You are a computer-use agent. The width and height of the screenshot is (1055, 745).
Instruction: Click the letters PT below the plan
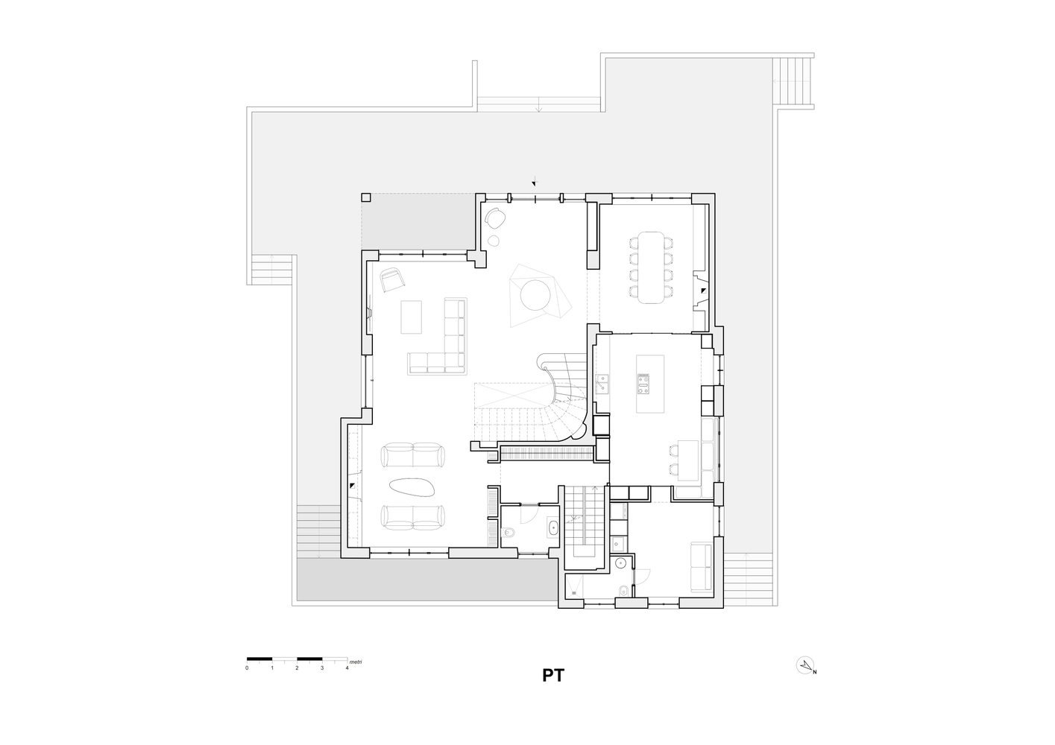(553, 676)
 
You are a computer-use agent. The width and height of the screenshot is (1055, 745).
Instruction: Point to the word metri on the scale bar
(356, 662)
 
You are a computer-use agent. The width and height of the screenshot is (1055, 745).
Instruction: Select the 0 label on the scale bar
(247, 668)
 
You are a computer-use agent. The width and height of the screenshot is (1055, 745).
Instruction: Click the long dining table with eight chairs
(651, 267)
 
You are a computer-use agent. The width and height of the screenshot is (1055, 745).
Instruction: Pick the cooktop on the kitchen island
(643, 384)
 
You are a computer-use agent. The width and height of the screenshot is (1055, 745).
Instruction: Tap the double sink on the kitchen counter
(602, 383)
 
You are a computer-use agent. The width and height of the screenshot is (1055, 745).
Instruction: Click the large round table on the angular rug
(535, 295)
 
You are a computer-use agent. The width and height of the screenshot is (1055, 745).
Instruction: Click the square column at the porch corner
(366, 197)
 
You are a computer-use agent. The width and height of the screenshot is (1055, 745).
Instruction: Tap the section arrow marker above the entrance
(534, 182)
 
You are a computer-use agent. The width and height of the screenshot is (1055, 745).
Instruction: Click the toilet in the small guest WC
(508, 533)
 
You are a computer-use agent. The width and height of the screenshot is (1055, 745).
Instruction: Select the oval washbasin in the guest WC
(553, 527)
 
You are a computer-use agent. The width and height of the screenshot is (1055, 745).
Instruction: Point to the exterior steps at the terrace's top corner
(793, 81)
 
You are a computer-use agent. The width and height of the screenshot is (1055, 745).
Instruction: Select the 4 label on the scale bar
(347, 668)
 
